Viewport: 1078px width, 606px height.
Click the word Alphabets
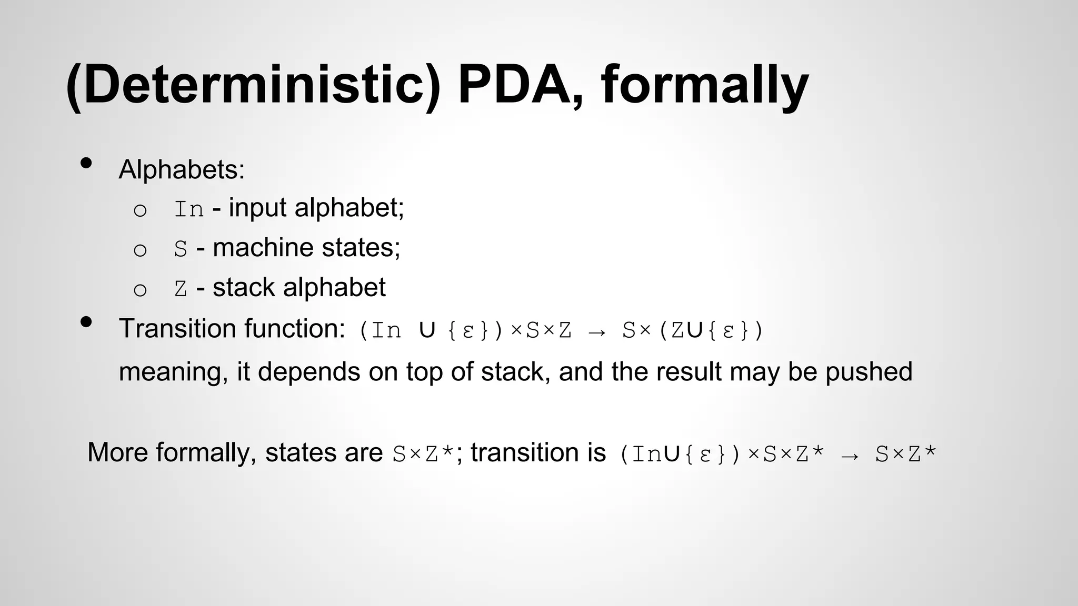click(x=181, y=169)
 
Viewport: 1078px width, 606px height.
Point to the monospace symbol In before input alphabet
click(x=189, y=209)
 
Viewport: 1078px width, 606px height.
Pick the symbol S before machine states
click(x=181, y=249)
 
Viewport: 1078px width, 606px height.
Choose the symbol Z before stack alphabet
click(x=181, y=289)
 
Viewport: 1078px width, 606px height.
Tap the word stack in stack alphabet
click(x=243, y=287)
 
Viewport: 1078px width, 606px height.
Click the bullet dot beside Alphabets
click(x=86, y=163)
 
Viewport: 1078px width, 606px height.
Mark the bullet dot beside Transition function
click(x=86, y=321)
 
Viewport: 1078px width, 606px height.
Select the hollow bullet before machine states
click(x=140, y=250)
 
